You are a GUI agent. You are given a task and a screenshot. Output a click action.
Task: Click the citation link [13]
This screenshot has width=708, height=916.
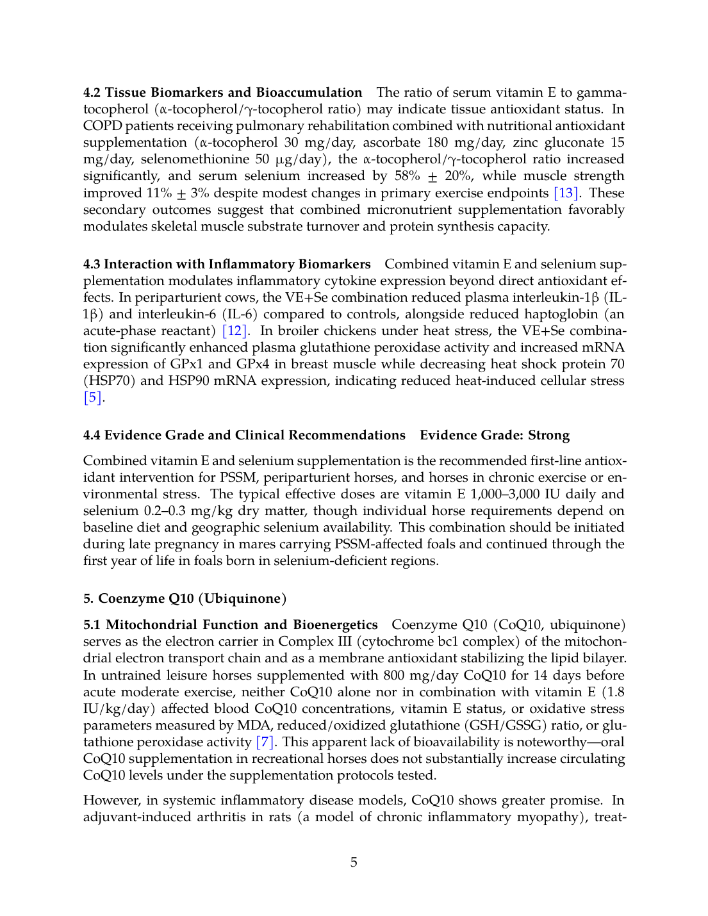pyautogui.click(x=566, y=193)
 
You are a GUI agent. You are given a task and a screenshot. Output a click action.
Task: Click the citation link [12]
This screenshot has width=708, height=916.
pyautogui.click(x=234, y=331)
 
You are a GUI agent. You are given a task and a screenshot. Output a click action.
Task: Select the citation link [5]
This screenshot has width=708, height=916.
pyautogui.click(x=93, y=397)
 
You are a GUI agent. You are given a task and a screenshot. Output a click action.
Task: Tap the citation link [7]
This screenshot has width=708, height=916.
pyautogui.click(x=265, y=742)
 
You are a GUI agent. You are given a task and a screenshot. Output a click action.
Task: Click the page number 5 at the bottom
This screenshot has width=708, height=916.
pyautogui.click(x=354, y=862)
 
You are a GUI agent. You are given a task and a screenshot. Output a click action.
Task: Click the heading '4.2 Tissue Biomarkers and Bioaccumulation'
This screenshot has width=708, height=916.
pyautogui.click(x=222, y=92)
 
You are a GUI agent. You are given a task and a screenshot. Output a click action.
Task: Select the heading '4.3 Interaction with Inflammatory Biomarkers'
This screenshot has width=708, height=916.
pyautogui.click(x=227, y=264)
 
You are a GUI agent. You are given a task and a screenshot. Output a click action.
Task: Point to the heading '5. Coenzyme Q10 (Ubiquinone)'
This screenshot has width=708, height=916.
pyautogui.click(x=185, y=598)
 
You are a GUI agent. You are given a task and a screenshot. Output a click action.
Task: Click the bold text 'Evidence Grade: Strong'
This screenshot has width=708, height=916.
pyautogui.click(x=495, y=435)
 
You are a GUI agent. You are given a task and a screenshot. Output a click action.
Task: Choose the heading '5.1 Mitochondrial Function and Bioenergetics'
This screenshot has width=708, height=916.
pyautogui.click(x=230, y=625)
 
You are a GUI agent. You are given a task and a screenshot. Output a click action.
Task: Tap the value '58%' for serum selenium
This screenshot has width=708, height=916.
pyautogui.click(x=408, y=176)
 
